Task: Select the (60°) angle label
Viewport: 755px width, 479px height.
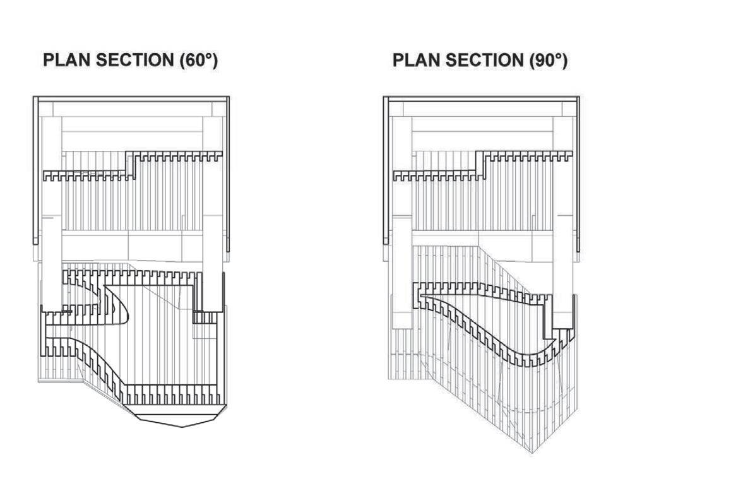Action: (196, 61)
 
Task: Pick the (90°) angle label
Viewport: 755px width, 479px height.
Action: (546, 61)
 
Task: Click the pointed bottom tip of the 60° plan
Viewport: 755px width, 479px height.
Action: (182, 427)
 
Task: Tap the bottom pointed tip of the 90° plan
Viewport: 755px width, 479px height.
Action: (532, 452)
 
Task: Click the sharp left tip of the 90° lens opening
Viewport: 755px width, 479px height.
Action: (421, 297)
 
